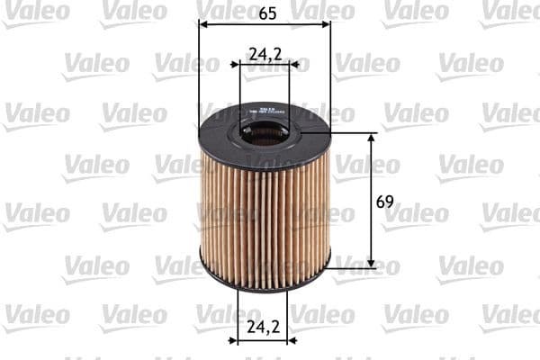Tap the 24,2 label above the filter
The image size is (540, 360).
coord(265,55)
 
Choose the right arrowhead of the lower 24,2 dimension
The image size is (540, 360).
coord(290,341)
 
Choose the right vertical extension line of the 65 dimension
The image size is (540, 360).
coord(330,72)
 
